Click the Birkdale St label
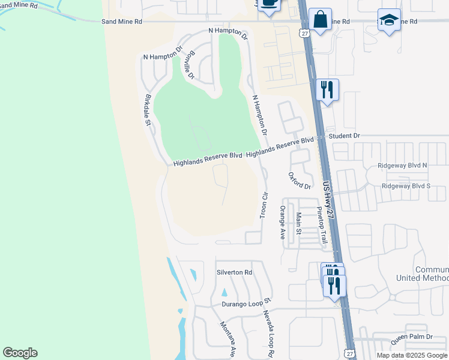coord(148,109)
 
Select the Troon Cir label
coord(263,205)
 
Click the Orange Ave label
coord(282,223)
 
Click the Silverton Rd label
coord(235,272)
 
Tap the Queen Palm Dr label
coord(411,337)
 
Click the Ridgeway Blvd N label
coord(403,165)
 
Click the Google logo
coord(20,353)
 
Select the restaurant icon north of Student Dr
coord(327,90)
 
